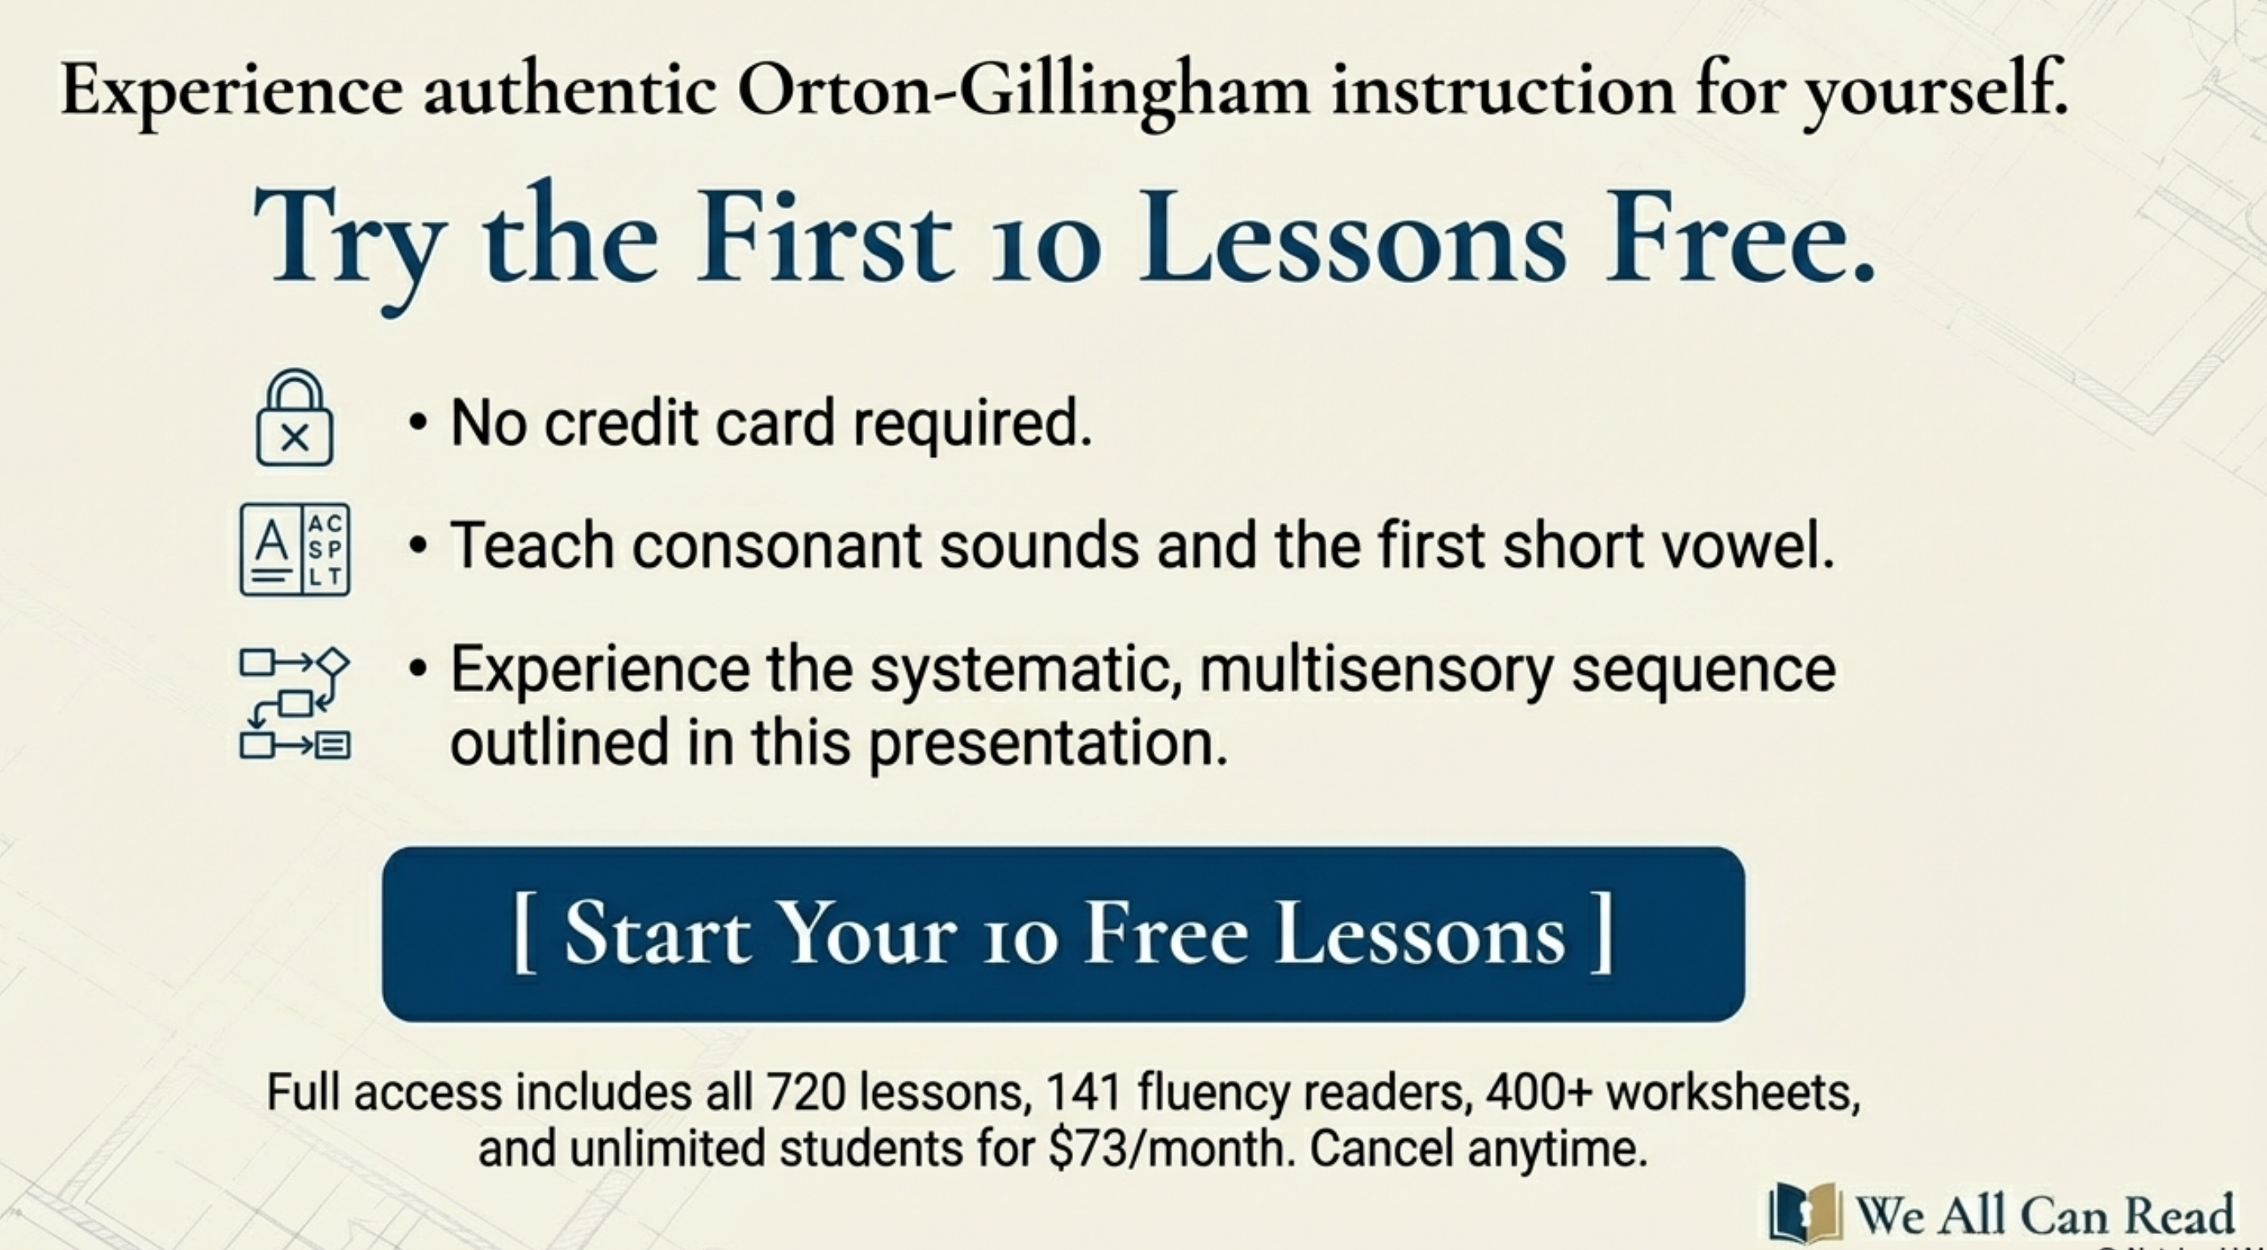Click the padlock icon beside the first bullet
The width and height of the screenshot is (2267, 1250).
click(x=294, y=418)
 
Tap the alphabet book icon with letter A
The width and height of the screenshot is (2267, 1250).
click(x=294, y=550)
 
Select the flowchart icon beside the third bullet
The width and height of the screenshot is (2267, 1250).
click(x=294, y=703)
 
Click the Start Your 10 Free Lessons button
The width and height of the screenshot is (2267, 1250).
click(x=1063, y=933)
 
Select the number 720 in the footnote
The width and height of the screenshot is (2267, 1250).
click(x=806, y=1094)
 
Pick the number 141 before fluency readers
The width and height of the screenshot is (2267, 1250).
click(x=1083, y=1094)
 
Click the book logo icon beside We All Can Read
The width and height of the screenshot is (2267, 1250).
click(x=1804, y=1213)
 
